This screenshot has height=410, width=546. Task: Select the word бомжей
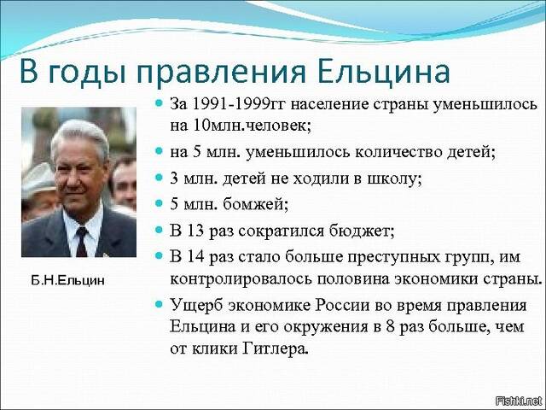[255, 205]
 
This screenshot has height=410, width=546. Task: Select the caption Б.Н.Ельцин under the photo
[67, 281]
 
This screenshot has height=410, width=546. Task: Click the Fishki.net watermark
[519, 401]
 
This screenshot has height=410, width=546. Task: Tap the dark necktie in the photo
[82, 241]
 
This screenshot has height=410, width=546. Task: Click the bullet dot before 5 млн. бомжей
[159, 203]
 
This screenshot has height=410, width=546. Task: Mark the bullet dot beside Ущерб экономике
[159, 304]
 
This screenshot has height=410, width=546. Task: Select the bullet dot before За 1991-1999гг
[159, 103]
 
